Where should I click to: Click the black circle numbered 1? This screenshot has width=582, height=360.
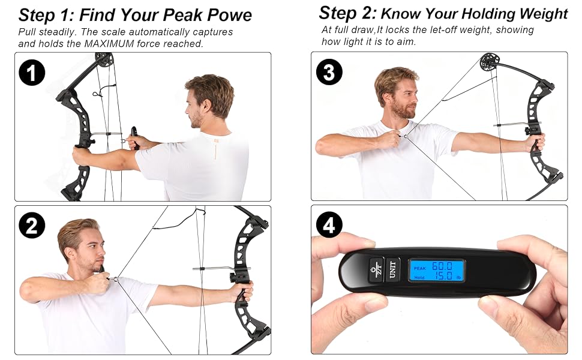(x=32, y=73)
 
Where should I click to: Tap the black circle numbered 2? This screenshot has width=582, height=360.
(x=32, y=225)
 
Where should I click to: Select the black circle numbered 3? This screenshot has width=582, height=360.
(x=329, y=72)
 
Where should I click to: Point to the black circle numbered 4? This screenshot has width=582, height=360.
(x=329, y=225)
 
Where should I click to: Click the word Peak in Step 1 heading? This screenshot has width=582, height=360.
(x=183, y=15)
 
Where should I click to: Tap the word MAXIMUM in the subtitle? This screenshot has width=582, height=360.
(x=109, y=44)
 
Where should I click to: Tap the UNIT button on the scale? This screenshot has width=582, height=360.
(x=392, y=269)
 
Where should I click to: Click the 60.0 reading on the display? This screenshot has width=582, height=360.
(x=442, y=266)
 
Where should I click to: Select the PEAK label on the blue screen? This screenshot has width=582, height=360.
(x=420, y=268)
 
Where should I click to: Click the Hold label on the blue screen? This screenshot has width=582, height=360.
(x=419, y=277)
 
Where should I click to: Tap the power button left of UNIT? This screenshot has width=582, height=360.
(x=377, y=269)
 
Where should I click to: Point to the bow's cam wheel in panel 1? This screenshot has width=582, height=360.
(x=104, y=59)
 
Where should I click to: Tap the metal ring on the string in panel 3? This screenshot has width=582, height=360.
(x=406, y=136)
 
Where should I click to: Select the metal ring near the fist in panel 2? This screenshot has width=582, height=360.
(x=116, y=279)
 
